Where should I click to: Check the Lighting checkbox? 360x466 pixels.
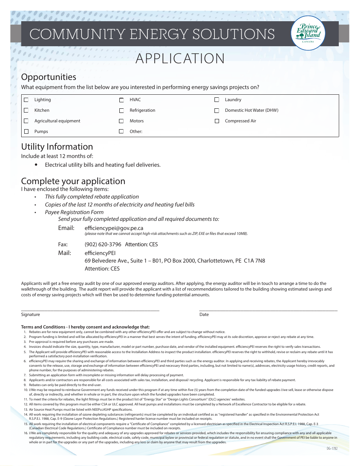pos(26,100)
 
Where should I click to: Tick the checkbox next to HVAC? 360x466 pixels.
pos(122,100)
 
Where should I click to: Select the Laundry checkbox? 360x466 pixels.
pos(217,100)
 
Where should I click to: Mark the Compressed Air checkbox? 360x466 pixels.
pos(217,121)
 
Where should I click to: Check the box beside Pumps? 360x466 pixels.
pos(26,132)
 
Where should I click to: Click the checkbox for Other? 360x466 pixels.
pos(122,132)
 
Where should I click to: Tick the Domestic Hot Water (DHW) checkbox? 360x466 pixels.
pos(217,111)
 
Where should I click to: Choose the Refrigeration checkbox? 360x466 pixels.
pos(122,111)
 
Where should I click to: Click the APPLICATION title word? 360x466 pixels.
pos(180,59)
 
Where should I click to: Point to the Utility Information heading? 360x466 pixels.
pos(57,147)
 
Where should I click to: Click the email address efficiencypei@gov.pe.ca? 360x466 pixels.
pos(114,228)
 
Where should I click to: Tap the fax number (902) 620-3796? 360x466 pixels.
pos(103,244)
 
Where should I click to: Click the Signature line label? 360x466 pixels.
pos(30,314)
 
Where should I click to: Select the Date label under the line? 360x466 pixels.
pos(204,314)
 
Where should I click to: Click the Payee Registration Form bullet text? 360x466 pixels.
pos(74,212)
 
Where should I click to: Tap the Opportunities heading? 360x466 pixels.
pos(49,77)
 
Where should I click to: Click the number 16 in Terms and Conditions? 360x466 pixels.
pos(25,433)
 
